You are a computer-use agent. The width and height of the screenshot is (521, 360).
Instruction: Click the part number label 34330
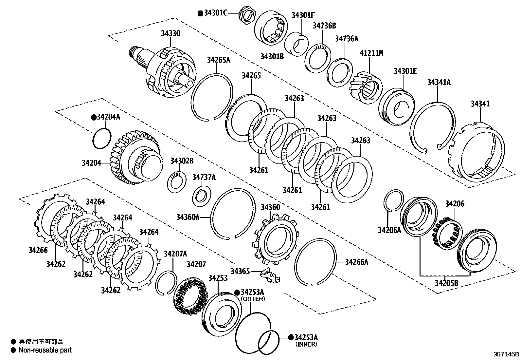(170, 33)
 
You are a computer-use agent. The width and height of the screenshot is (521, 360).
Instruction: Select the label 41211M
(371, 53)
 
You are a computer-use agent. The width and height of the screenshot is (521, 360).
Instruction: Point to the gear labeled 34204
(137, 157)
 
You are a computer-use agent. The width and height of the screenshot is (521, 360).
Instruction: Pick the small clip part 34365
(270, 275)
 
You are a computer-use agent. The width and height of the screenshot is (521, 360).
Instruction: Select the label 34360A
(188, 217)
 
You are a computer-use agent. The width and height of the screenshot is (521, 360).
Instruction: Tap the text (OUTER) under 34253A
(253, 299)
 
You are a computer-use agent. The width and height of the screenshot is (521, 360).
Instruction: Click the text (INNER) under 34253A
(306, 344)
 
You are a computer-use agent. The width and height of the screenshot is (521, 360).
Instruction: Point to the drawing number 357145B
(506, 354)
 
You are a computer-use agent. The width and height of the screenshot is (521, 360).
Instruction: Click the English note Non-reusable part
(45, 350)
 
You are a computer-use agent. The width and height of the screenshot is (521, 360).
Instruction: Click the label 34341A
(439, 82)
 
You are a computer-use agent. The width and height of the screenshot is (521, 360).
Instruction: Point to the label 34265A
(218, 60)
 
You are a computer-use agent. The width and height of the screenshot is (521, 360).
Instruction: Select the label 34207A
(175, 254)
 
